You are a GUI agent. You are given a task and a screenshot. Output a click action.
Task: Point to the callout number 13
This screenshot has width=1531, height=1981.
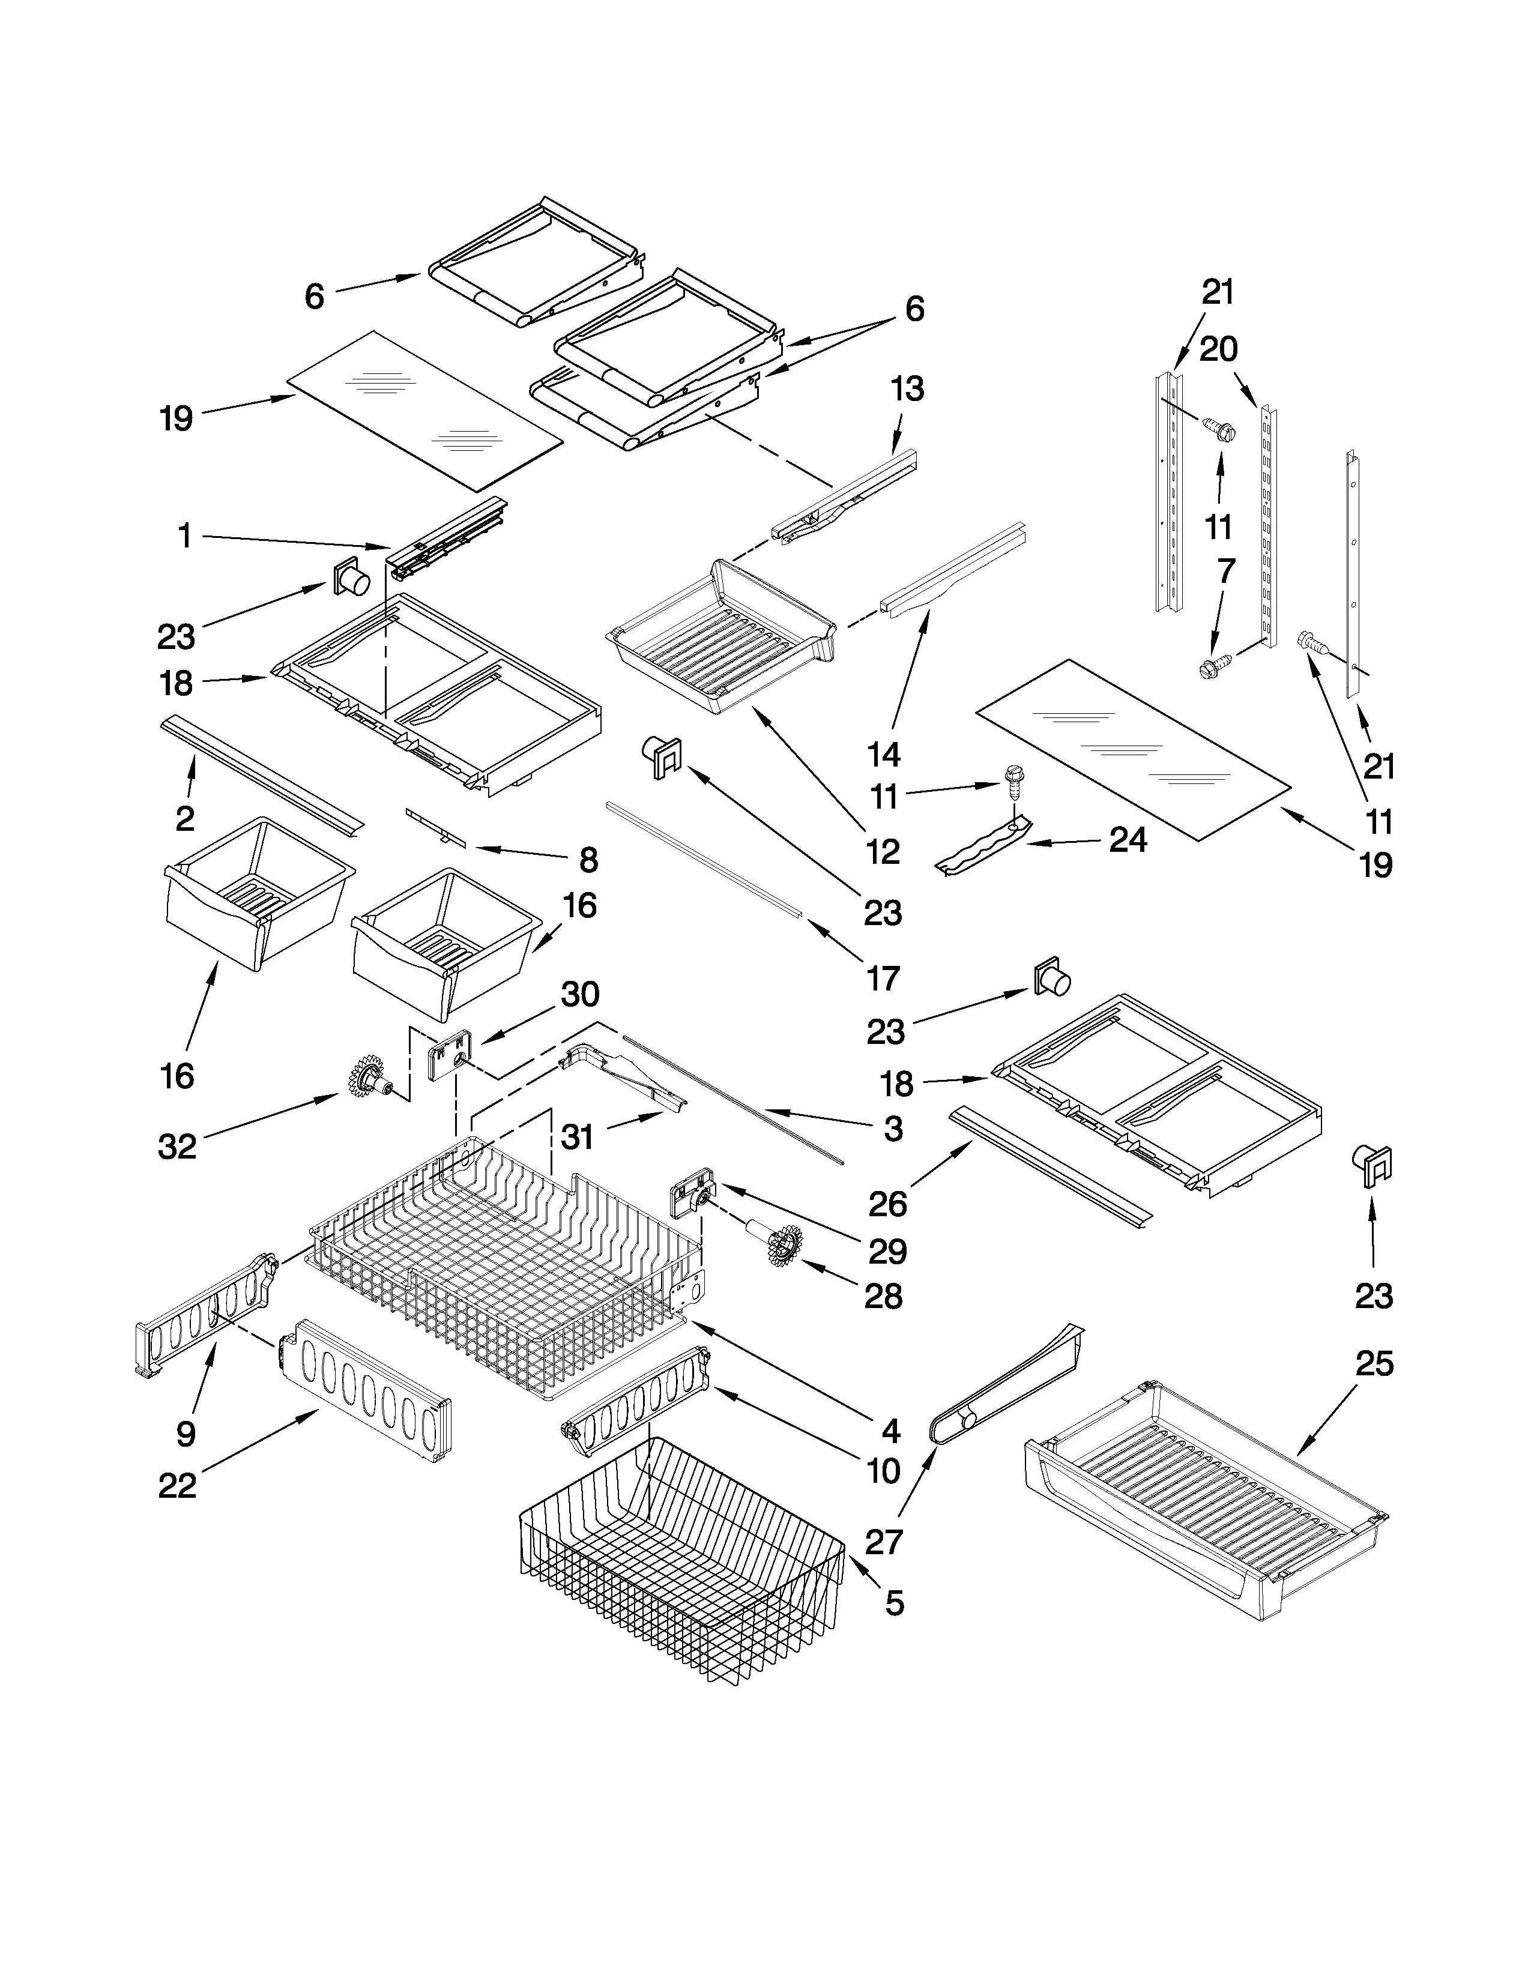(x=907, y=388)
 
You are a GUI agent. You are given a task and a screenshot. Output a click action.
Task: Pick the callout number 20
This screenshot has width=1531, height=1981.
(x=1218, y=348)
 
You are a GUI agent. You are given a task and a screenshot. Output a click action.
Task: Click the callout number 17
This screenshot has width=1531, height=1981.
(x=883, y=978)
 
